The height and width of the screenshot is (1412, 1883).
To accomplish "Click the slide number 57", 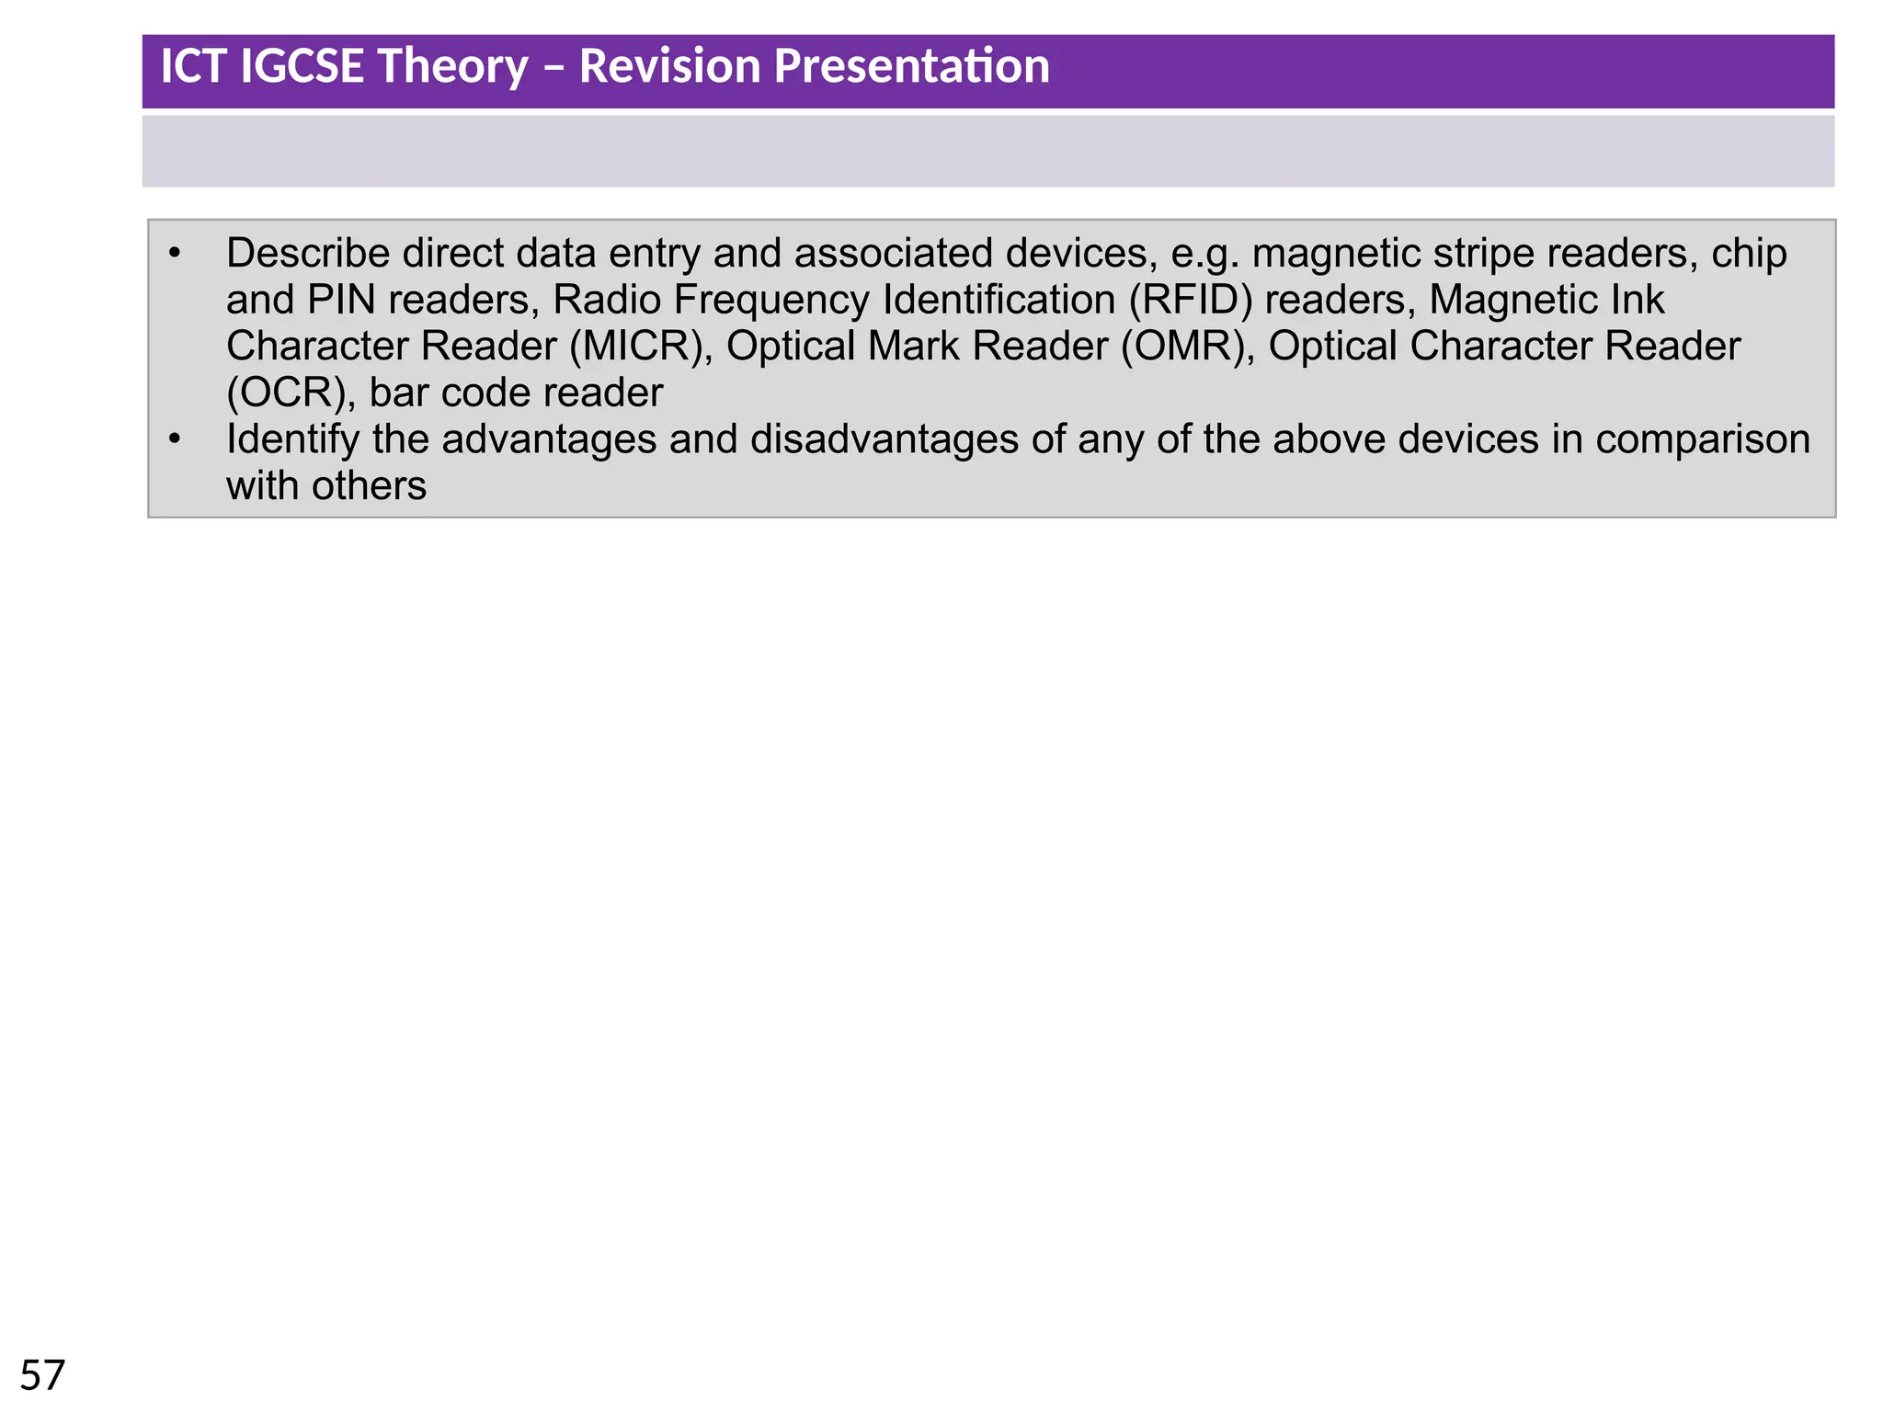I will point(42,1376).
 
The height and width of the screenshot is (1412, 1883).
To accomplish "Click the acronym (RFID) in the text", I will point(1191,300).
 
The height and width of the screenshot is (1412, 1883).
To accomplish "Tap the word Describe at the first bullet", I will point(308,253).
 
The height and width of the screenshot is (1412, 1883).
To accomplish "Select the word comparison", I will point(1703,439).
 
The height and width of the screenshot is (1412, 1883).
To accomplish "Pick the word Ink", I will point(1638,300).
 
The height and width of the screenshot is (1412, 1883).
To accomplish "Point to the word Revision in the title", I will point(669,66).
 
